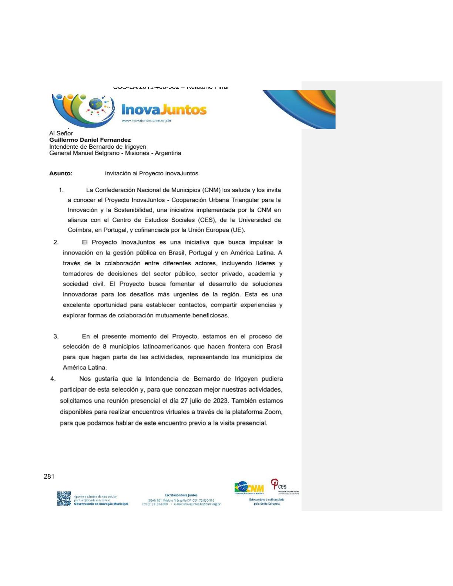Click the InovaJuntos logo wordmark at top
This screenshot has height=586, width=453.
click(x=164, y=110)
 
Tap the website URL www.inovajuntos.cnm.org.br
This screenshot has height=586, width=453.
click(x=146, y=121)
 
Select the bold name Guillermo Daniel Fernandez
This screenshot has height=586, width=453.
click(x=90, y=140)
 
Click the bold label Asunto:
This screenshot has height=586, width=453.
click(x=61, y=174)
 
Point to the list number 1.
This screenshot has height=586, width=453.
click(x=61, y=190)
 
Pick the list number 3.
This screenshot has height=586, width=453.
click(x=56, y=337)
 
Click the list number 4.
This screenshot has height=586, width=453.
click(x=53, y=379)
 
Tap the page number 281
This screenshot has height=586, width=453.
click(x=49, y=476)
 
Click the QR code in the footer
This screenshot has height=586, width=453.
click(x=64, y=498)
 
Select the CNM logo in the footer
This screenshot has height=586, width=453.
click(x=249, y=488)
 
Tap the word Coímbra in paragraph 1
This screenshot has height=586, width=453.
click(x=80, y=230)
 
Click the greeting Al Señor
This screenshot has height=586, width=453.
click(x=61, y=133)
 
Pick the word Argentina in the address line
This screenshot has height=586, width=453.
click(x=168, y=153)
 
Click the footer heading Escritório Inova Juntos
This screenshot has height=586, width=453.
click(x=181, y=495)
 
